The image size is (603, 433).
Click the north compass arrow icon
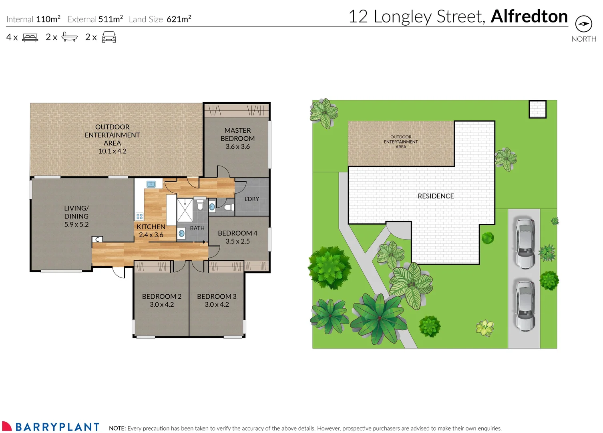[x=583, y=24]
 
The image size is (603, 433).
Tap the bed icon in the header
[x=30, y=37]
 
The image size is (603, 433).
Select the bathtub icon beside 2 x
[x=69, y=37]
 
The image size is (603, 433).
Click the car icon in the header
[x=109, y=37]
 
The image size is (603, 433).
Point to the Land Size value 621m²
[x=179, y=19]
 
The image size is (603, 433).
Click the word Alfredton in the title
[x=529, y=16]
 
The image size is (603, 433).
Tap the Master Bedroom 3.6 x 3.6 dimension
[x=237, y=147]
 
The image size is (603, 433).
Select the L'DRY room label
[x=251, y=199]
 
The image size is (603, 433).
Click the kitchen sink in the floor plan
[x=151, y=184]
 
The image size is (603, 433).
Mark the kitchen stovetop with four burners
[x=139, y=216]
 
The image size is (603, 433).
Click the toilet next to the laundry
[x=229, y=207]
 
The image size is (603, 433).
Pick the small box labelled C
[x=97, y=239]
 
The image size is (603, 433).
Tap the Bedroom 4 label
[x=237, y=233]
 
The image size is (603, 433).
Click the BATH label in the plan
[x=197, y=228]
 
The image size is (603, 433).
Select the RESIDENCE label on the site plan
[x=436, y=196]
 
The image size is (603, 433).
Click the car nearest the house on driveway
[x=525, y=243]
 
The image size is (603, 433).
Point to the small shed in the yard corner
[x=537, y=109]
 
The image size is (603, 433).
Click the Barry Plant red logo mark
[x=7, y=426]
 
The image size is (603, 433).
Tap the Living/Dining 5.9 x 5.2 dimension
[x=76, y=225]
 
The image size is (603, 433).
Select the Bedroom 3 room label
[x=217, y=296]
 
